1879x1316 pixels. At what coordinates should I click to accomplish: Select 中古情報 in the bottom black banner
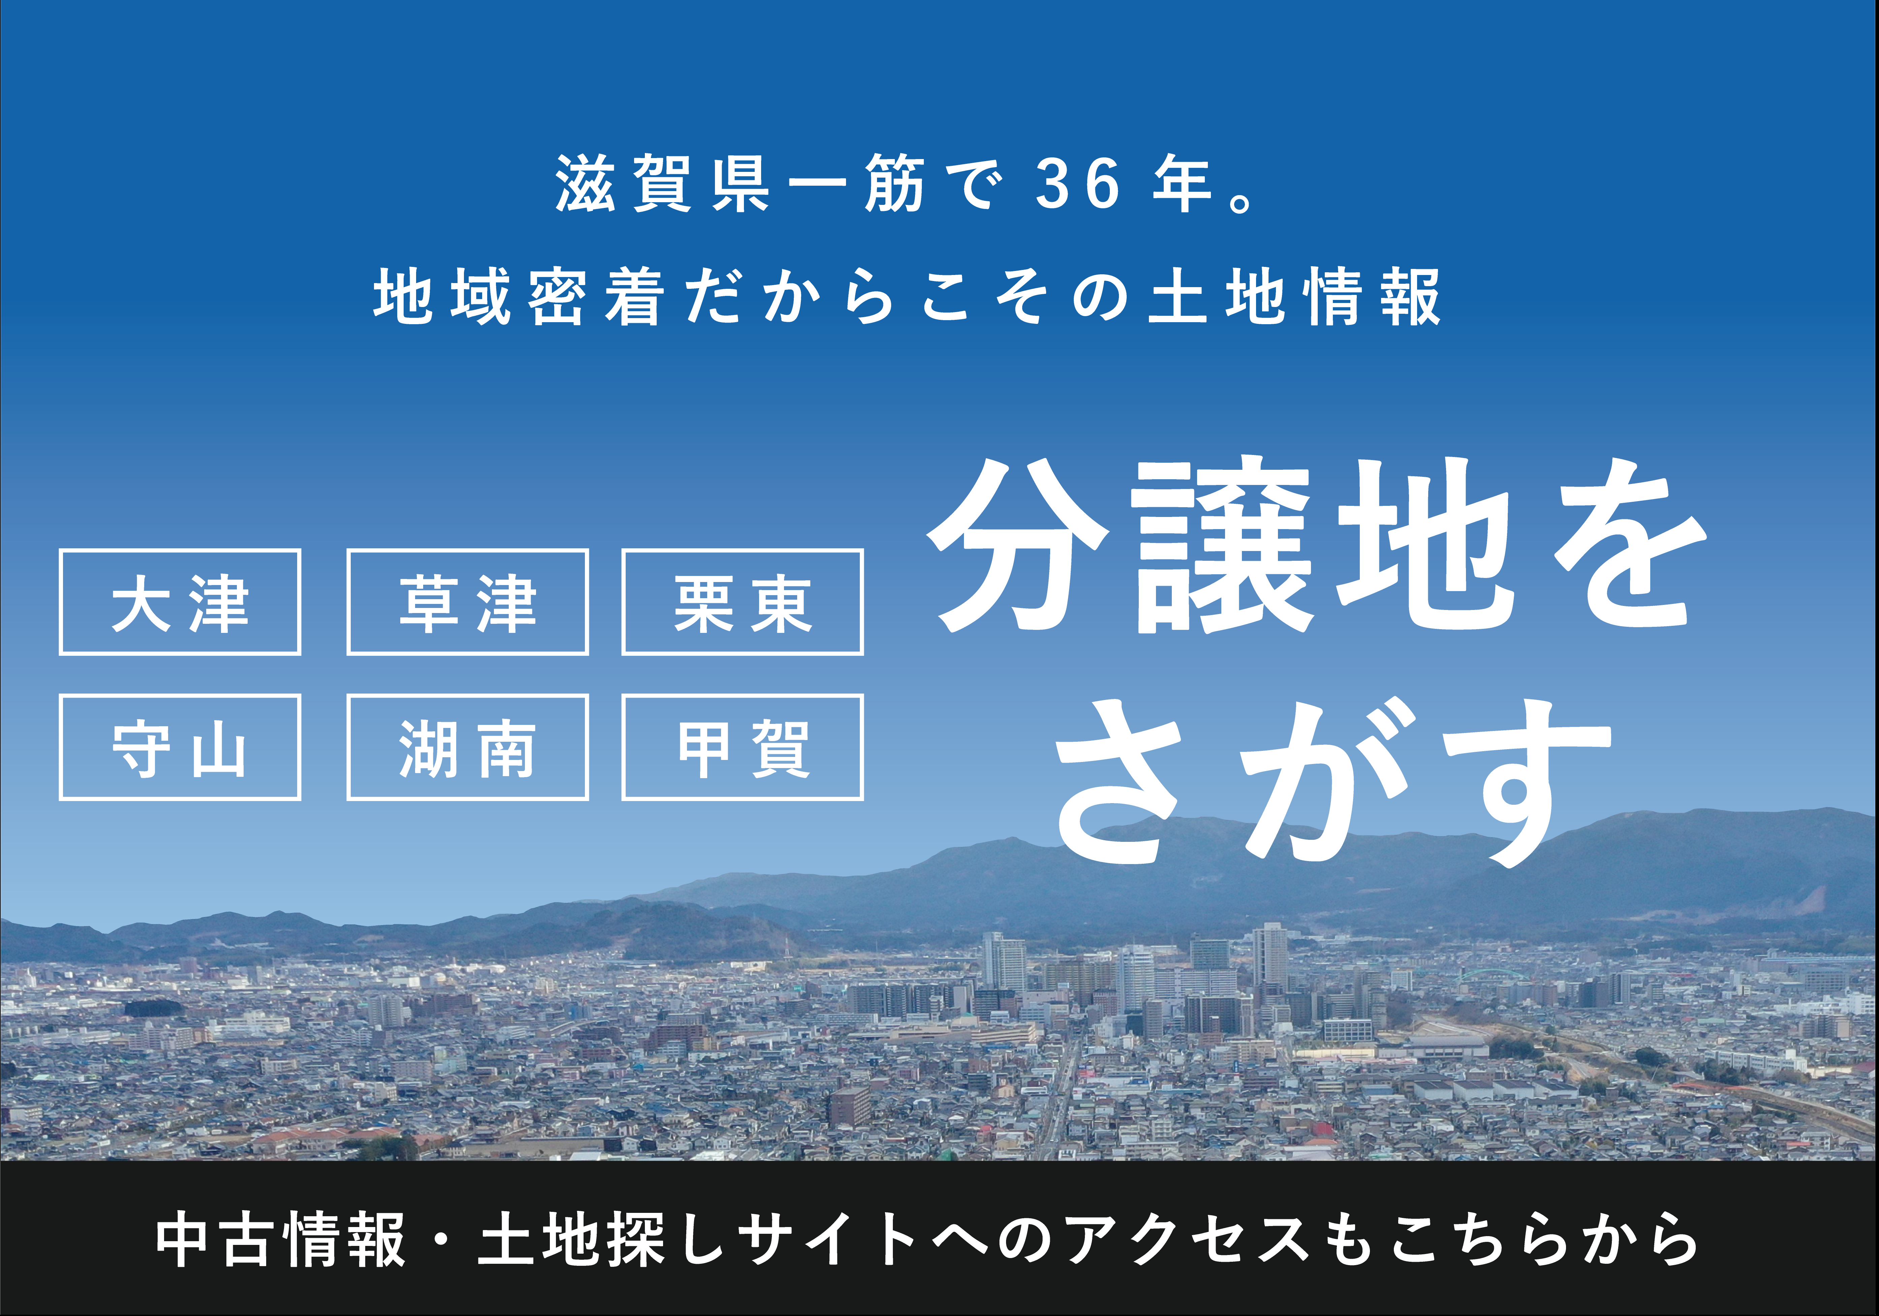(x=281, y=1240)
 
